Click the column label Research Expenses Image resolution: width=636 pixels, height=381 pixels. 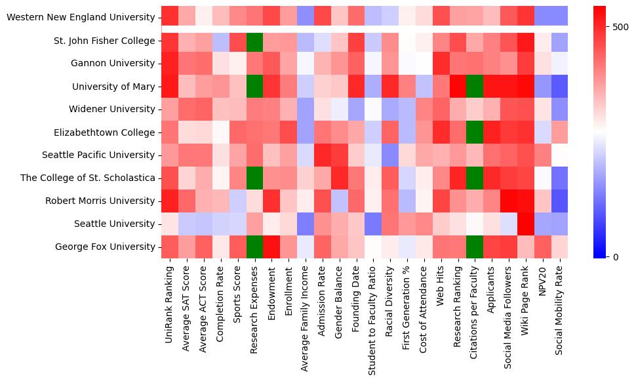254,308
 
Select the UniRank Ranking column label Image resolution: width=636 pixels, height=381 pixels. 169,308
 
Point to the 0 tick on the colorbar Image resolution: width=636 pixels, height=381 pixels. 616,256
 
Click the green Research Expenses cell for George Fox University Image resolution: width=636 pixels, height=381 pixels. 254,247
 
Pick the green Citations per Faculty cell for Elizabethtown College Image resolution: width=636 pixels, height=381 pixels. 475,132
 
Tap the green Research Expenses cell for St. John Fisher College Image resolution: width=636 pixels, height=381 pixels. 254,41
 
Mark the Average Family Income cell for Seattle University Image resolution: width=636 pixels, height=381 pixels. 306,224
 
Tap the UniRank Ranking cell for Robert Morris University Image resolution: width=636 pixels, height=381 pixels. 169,201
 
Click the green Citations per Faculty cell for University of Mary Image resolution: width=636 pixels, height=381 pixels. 475,87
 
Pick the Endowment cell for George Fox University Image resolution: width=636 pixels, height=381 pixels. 271,247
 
